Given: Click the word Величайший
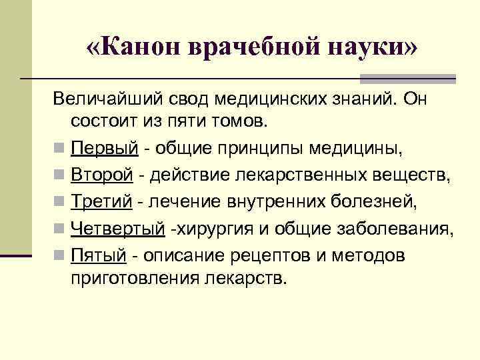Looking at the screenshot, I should click(106, 99).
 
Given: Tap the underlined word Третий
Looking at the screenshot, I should click(99, 201).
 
